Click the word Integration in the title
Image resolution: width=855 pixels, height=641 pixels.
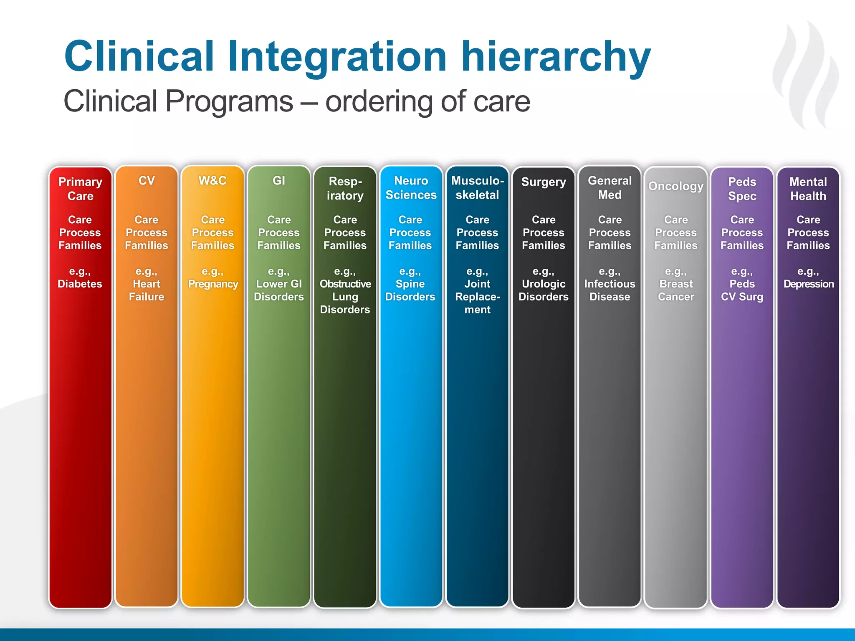coord(337,57)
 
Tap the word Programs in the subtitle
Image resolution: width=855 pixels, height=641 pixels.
coord(229,101)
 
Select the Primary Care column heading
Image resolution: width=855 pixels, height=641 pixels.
coord(80,189)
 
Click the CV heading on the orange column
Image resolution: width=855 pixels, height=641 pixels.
coord(147,181)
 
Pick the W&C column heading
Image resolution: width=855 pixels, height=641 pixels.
coord(212,181)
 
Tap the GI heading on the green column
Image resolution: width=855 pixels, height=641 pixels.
coord(279,181)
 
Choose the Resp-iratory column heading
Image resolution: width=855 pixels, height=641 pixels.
coord(345,188)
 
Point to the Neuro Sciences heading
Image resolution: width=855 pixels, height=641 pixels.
coord(411,188)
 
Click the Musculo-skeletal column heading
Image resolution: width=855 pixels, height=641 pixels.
coord(477,188)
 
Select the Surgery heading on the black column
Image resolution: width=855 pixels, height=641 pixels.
coord(544,182)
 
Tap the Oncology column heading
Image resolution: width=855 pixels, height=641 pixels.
coord(676,186)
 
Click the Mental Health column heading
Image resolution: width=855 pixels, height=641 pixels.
coord(808,189)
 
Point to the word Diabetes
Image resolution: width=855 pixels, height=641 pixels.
coord(80,284)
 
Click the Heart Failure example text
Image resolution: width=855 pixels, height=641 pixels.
coord(147,290)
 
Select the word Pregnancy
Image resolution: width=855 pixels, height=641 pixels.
coord(213,284)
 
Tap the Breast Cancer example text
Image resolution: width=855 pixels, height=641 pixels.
coord(676,290)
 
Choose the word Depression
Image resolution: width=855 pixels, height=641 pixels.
coord(809,284)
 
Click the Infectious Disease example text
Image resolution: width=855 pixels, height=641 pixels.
coord(610,290)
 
